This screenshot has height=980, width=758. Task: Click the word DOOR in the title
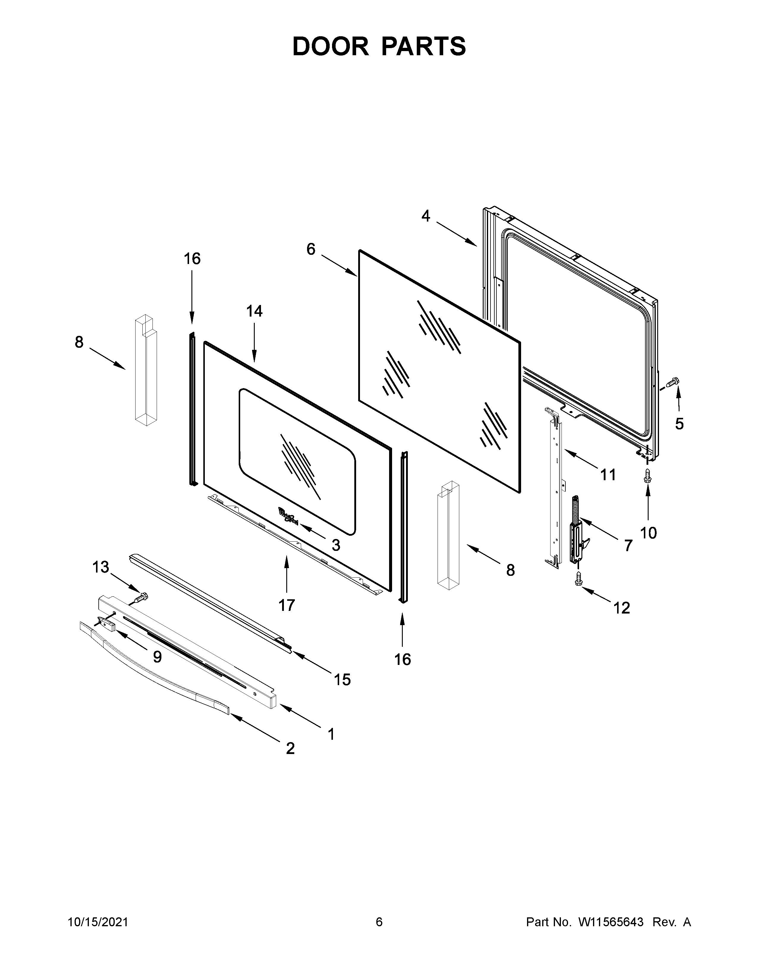click(x=331, y=46)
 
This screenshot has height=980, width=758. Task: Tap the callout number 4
click(x=425, y=216)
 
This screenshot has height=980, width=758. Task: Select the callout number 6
click(x=311, y=249)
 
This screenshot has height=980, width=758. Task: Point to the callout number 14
click(x=255, y=311)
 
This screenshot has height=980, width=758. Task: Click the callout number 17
click(x=287, y=605)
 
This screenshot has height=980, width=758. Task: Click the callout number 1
click(x=331, y=734)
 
